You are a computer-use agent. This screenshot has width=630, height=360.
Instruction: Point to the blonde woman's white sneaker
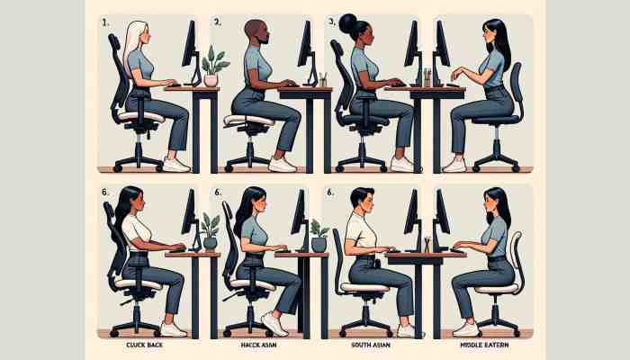(175, 165)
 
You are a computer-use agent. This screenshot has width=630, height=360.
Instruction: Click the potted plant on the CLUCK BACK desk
(210, 230)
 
